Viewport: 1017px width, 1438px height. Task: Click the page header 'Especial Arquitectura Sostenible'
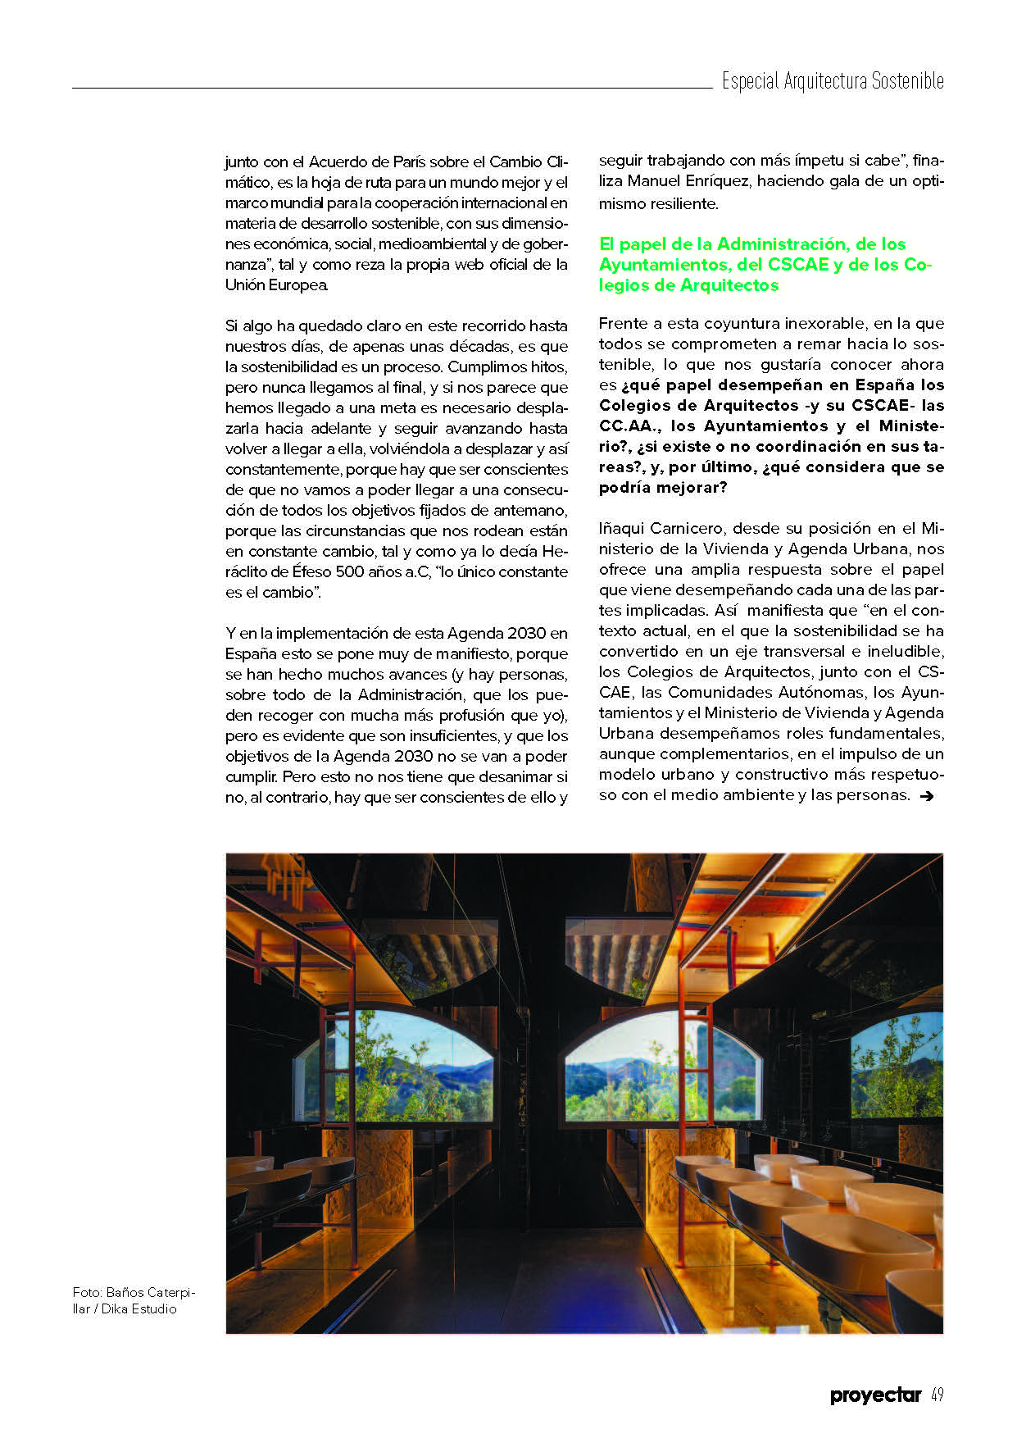pos(832,81)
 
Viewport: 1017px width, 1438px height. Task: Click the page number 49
pos(938,1395)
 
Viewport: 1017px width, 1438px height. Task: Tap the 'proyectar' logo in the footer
pos(875,1395)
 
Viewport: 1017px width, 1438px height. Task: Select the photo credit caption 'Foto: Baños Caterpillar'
pos(134,1300)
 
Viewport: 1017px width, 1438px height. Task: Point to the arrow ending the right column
pos(927,795)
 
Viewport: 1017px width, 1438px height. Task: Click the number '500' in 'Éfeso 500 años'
pos(344,571)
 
